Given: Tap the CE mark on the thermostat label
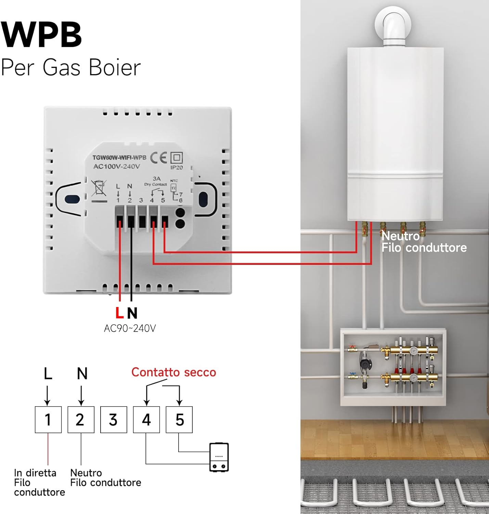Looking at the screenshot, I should pos(158,158).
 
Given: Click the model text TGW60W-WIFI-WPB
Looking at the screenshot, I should pos(119,158).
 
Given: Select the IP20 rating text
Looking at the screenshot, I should pos(177,168).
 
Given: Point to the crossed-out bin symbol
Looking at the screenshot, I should pos(99,188).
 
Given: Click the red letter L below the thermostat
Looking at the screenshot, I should pos(119,313).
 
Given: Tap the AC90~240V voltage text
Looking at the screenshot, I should pos(130,328).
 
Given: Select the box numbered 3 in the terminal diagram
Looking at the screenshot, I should pos(114,420).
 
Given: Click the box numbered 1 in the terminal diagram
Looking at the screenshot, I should pos(48,420).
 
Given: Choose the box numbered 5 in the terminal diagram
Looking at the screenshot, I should pos(179,420).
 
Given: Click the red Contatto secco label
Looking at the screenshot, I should pos(173,372).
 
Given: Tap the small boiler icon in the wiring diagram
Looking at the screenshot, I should pos(219,457).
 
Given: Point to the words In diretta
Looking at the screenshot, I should pos(35,473).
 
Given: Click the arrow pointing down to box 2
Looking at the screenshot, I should pos(81,396).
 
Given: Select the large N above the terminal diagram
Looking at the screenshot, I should pos(82,374).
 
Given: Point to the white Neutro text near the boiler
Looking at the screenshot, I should pos(400,236).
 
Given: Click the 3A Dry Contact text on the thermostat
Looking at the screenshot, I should pos(156,181).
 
